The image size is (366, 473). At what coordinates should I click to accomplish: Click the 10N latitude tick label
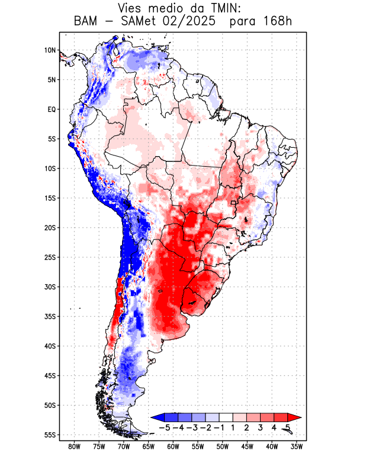(x=50, y=50)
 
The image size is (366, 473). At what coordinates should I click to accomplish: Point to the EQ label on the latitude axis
(x=52, y=109)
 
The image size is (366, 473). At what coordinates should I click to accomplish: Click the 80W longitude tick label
(x=74, y=446)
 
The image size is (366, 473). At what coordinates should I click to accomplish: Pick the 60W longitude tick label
(x=173, y=446)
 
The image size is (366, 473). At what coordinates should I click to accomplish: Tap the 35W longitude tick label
(x=297, y=446)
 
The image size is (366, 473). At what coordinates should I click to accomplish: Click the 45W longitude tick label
(x=247, y=446)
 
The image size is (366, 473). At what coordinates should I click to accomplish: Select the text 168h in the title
(x=276, y=22)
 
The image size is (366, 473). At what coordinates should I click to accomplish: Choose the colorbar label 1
(x=234, y=427)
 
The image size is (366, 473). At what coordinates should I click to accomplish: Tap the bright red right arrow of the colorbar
(x=293, y=417)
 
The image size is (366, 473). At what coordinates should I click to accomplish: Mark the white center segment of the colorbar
(x=227, y=417)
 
